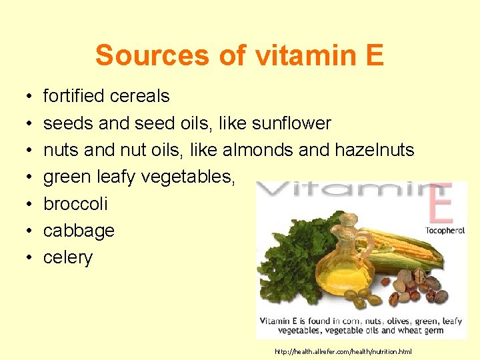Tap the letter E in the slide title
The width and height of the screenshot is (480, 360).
pyautogui.click(x=375, y=55)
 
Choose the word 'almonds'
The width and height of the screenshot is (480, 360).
pyautogui.click(x=257, y=150)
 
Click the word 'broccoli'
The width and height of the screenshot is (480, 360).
pyautogui.click(x=75, y=204)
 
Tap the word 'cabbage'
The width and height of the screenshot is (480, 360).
pyautogui.click(x=79, y=231)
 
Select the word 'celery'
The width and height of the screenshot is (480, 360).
pyautogui.click(x=68, y=258)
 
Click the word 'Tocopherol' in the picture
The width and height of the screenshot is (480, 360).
pyautogui.click(x=445, y=231)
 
